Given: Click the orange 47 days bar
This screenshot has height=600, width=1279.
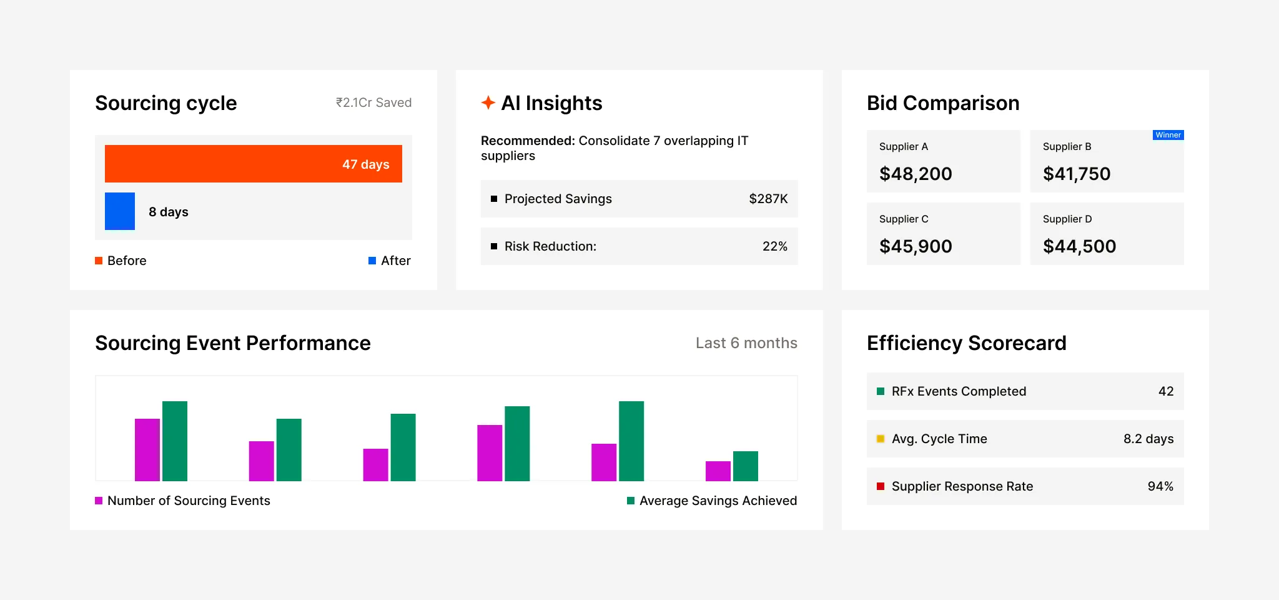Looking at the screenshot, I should [253, 164].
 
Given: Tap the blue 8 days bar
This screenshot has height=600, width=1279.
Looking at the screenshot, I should [120, 211].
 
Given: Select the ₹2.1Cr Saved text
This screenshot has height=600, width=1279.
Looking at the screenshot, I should [373, 102].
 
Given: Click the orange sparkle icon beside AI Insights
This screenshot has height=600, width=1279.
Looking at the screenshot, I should [488, 102].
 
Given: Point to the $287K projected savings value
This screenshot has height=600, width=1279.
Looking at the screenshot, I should [768, 199].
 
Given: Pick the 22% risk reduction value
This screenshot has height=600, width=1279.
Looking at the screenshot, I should [774, 246].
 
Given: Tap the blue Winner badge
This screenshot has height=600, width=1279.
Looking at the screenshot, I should [1168, 135].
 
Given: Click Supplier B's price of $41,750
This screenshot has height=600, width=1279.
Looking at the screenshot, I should [1077, 174].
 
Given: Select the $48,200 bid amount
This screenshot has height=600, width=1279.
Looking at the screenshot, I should [916, 174].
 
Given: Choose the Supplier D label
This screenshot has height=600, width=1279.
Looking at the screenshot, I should [1067, 219].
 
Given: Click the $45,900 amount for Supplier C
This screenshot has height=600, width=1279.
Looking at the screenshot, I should [916, 246].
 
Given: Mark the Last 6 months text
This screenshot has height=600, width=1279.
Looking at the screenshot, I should [746, 343].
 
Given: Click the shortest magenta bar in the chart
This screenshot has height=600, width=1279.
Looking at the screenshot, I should [718, 471].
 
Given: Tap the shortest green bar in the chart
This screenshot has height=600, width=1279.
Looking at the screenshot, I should [745, 466].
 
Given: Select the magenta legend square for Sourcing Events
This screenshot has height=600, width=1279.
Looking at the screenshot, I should [99, 501].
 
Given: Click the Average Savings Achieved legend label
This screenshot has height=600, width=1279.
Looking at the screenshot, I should [718, 501].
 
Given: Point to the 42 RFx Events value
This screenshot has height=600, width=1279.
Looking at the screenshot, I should [1166, 391].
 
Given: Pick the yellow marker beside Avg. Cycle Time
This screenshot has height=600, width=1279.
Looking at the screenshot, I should [881, 439].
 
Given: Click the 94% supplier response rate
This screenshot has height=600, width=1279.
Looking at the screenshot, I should [1160, 486].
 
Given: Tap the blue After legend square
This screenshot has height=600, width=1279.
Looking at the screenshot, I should [372, 261].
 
